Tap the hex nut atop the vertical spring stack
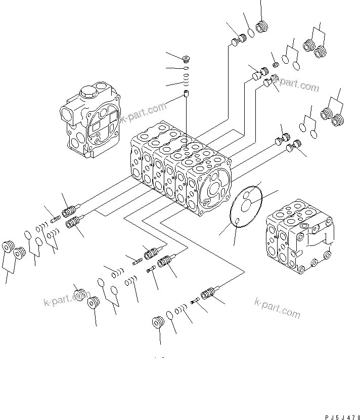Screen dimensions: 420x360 click(186, 58)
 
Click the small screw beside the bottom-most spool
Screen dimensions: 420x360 click(196, 302)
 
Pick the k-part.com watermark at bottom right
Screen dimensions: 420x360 click(278, 308)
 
